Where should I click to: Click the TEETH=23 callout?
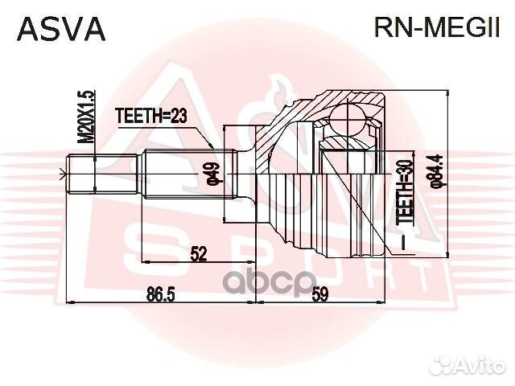coord(150,114)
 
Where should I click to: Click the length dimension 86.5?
coord(162,294)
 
